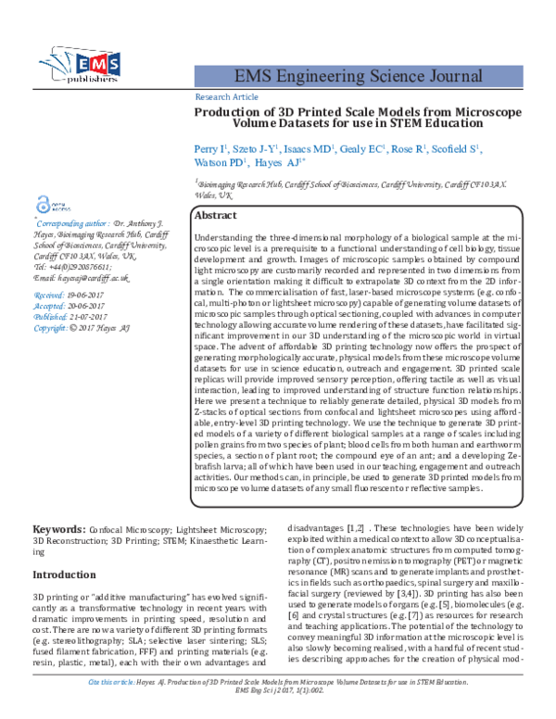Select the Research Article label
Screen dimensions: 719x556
tap(227, 96)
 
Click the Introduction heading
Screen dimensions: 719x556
tap(71, 574)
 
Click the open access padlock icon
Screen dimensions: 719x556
tap(41, 206)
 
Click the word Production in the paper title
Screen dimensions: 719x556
tap(233, 111)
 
